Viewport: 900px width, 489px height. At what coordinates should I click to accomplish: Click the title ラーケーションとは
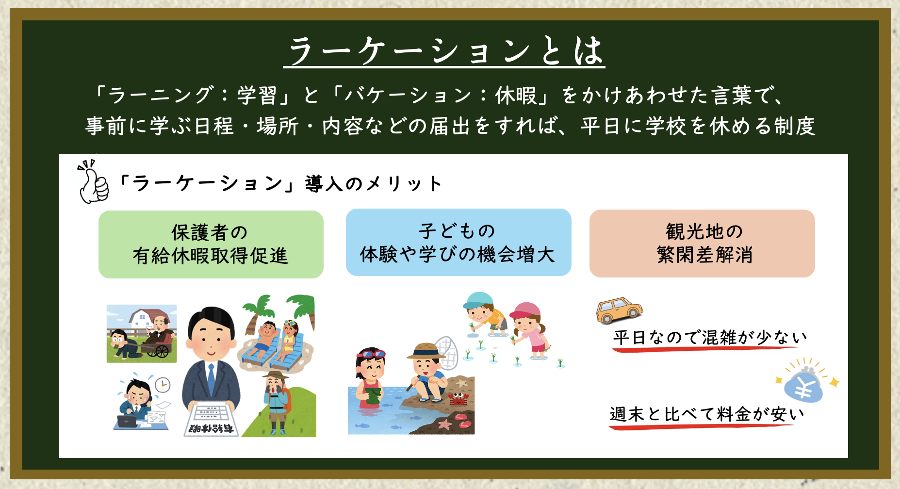444,51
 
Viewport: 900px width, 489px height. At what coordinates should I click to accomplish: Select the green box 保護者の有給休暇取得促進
211,244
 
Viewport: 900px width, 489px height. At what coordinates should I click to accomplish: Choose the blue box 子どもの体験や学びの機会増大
458,243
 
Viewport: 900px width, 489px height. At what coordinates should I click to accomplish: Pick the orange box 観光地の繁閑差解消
702,244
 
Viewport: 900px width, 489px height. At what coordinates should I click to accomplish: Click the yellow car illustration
619,310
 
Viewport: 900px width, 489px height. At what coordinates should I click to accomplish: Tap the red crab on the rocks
457,399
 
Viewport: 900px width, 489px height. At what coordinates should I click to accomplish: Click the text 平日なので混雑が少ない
710,337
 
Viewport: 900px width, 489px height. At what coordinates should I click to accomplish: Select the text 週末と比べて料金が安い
707,414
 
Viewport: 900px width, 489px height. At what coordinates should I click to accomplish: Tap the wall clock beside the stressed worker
163,385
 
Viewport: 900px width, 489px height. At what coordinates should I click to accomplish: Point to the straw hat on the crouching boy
426,351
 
